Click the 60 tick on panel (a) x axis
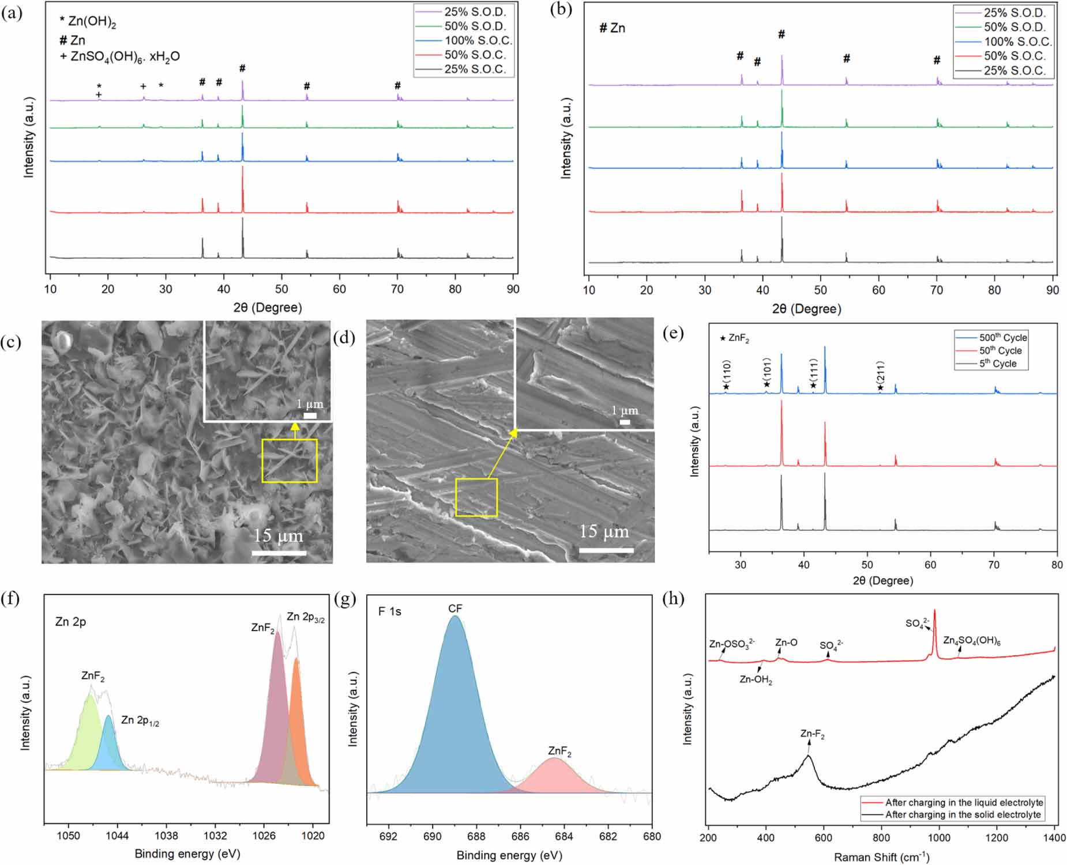pos(339,289)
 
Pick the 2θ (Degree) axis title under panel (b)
pos(806,309)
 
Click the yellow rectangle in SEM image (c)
pos(290,460)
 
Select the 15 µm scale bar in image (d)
pos(606,550)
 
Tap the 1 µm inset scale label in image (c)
pos(310,404)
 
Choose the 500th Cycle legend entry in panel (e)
pos(1002,338)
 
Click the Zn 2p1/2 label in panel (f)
pos(140,720)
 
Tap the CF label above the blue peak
pos(454,609)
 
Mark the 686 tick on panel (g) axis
pos(520,837)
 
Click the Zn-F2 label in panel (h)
pos(812,734)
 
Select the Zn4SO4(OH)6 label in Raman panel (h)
pos(971,641)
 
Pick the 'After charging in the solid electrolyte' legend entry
pos(963,814)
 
